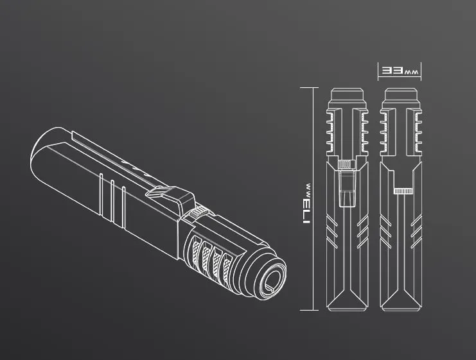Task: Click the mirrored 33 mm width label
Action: pyautogui.click(x=400, y=71)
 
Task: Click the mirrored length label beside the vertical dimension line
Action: pyautogui.click(x=306, y=203)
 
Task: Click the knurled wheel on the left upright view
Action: pyautogui.click(x=347, y=164)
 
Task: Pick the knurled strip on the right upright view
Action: pyautogui.click(x=403, y=191)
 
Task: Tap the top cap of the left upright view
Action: pyautogui.click(x=347, y=94)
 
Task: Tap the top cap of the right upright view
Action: pyautogui.click(x=400, y=94)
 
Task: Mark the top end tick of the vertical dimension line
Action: pyautogui.click(x=309, y=88)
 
